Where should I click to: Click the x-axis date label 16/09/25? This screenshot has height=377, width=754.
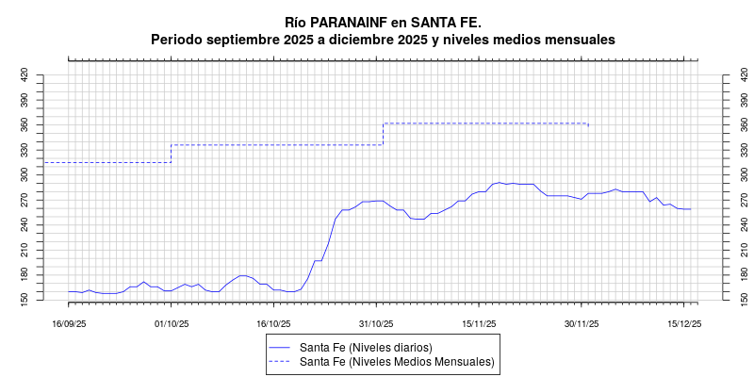coord(69,323)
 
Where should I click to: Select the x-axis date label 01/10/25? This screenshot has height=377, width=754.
coord(171,323)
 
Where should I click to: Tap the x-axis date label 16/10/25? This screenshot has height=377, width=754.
coord(272,323)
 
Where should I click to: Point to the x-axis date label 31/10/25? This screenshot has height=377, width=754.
coord(375,323)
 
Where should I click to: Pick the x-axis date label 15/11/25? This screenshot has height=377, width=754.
coord(479,323)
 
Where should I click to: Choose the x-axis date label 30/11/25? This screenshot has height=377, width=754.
coord(582,323)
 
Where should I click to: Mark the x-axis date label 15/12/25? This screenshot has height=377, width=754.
coord(684,323)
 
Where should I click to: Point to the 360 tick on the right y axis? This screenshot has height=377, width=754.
coord(733,124)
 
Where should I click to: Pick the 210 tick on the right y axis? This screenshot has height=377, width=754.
coord(733,248)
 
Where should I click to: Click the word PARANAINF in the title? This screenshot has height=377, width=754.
coord(350,21)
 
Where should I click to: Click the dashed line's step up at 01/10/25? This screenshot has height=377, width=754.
coord(171,154)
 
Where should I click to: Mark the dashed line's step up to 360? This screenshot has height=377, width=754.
coord(383,134)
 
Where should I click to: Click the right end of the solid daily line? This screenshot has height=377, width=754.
coord(691,209)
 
